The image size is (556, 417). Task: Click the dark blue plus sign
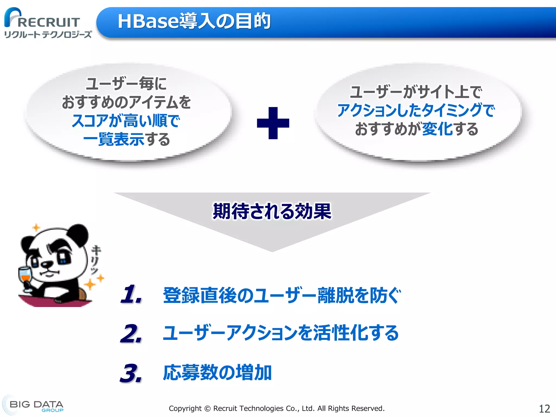tap(273, 123)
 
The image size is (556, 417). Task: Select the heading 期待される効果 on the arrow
tap(272, 211)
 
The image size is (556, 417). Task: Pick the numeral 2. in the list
tap(131, 334)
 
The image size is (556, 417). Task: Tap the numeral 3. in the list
tap(131, 373)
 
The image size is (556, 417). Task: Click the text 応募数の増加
tap(217, 373)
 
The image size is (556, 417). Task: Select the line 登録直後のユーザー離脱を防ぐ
tap(282, 295)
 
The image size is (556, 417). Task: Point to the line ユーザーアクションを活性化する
tap(280, 333)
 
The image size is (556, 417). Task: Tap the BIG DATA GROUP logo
tap(35, 406)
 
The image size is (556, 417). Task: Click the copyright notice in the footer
tap(276, 408)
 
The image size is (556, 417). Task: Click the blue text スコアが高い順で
tap(126, 121)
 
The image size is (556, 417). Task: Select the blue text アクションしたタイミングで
tap(416, 110)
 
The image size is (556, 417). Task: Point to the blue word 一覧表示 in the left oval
tap(113, 139)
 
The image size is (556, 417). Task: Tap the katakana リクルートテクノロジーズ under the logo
tap(48, 35)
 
